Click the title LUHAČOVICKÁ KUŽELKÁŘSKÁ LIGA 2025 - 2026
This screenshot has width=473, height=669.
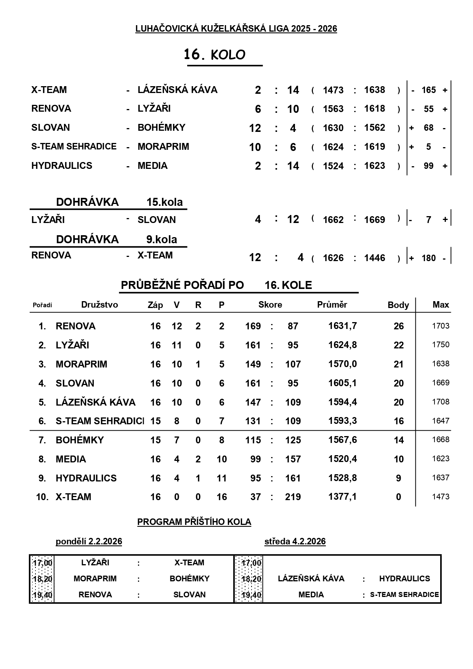pyautogui.click(x=236, y=29)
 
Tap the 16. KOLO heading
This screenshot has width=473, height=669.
pyautogui.click(x=215, y=55)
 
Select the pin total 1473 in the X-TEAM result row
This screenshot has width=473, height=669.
pyautogui.click(x=333, y=90)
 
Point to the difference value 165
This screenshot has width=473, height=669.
pyautogui.click(x=428, y=90)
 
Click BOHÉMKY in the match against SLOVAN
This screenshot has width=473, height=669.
pyautogui.click(x=161, y=128)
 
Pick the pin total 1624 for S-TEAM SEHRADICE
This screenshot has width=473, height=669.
pyautogui.click(x=333, y=147)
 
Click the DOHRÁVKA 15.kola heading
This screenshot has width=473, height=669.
pyautogui.click(x=119, y=202)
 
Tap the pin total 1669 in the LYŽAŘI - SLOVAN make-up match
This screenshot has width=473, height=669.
pyautogui.click(x=374, y=220)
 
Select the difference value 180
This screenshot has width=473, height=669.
pyautogui.click(x=428, y=258)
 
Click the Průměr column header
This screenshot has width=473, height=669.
pyautogui.click(x=332, y=305)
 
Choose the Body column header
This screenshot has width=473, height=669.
pyautogui.click(x=398, y=305)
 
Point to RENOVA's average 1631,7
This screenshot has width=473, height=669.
pyautogui.click(x=343, y=326)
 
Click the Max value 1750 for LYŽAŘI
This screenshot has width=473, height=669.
pyautogui.click(x=441, y=345)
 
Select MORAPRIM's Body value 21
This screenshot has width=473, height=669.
pyautogui.click(x=398, y=364)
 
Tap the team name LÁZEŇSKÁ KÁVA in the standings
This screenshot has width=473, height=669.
pyautogui.click(x=96, y=402)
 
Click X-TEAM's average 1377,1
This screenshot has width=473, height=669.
pyautogui.click(x=343, y=497)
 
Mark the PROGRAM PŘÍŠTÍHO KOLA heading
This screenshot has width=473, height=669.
pyautogui.click(x=194, y=522)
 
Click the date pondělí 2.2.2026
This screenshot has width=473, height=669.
pyautogui.click(x=89, y=541)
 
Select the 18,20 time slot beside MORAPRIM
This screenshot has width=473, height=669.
pyautogui.click(x=43, y=579)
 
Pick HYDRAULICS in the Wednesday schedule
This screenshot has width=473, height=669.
pyautogui.click(x=404, y=579)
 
